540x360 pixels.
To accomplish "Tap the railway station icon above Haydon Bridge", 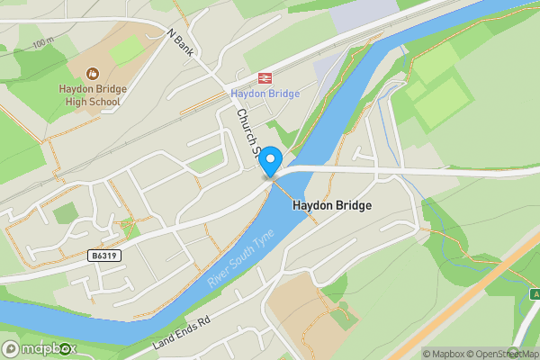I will [264, 79].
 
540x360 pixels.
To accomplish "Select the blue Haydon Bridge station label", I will [265, 94].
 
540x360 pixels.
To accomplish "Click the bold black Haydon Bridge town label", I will [332, 206].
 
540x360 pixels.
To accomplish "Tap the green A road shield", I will [535, 294].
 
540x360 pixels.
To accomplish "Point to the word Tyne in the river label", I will [249, 240].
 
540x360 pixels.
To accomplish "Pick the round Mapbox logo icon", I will [13, 348].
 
